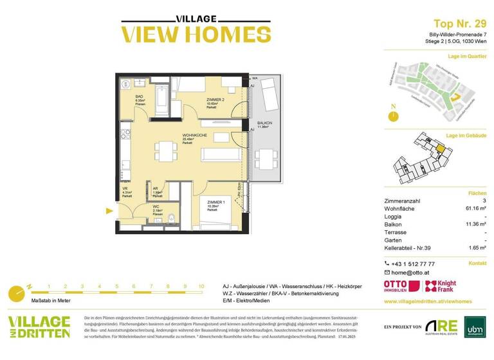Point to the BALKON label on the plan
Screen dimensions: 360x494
click(x=264, y=124)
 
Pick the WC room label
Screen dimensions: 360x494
click(x=157, y=207)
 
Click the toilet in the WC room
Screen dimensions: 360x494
click(x=170, y=219)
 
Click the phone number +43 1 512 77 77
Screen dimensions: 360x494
click(x=413, y=264)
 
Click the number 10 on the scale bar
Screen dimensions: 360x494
click(x=201, y=287)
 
